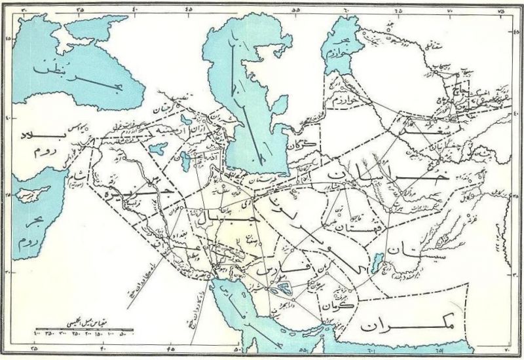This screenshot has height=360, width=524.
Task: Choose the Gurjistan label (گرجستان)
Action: [167, 108]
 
